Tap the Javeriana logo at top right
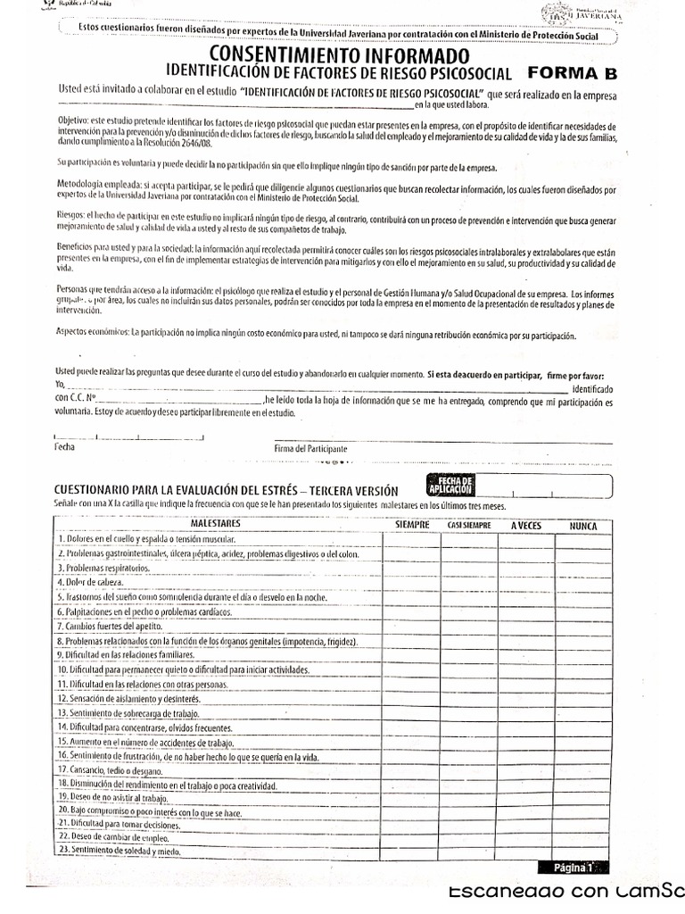tap(582, 12)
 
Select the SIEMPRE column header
tap(412, 526)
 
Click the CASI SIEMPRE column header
tap(469, 527)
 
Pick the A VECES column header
tap(526, 526)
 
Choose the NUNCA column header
tap(582, 526)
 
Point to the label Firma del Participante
tap(310, 448)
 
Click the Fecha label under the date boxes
tap(65, 446)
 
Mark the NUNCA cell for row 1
tap(582, 540)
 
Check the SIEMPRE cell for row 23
tap(412, 852)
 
